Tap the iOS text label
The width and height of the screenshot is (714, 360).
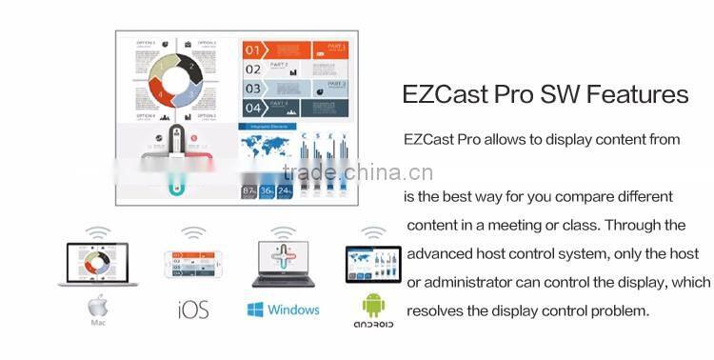click(193, 310)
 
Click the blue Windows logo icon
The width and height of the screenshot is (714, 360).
click(254, 310)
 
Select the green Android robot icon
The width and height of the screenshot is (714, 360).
click(372, 305)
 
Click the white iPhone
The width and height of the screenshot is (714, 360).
click(193, 264)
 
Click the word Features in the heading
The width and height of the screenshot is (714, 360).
click(637, 95)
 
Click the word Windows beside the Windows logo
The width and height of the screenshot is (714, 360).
click(293, 310)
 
